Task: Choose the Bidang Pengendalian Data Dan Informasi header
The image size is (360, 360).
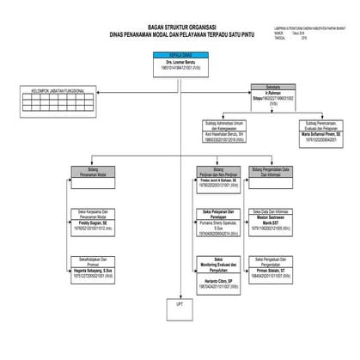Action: [x=273, y=172]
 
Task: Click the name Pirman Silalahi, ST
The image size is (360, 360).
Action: [x=273, y=269]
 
